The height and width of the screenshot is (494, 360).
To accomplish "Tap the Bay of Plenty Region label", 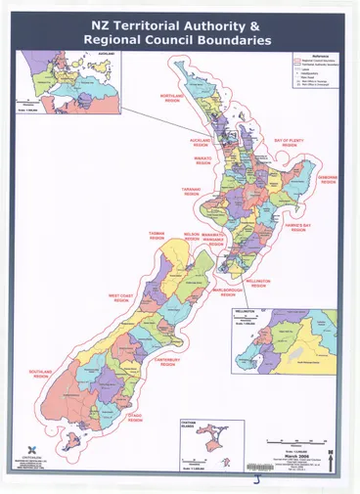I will point(289,143).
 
